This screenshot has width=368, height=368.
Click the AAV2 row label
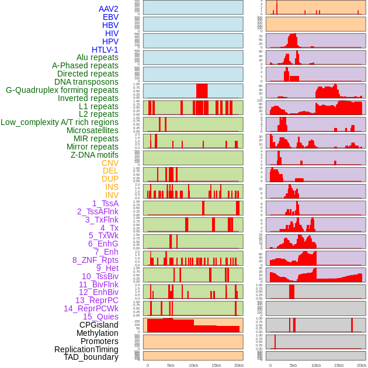[108, 9]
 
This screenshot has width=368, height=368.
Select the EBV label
[110, 17]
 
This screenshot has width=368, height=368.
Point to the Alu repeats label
[97, 57]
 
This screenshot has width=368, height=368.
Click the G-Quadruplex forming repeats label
[62, 90]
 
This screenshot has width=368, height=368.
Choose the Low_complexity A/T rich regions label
[60, 122]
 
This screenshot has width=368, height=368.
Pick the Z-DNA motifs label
[94, 155]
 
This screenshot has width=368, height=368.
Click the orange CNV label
[110, 163]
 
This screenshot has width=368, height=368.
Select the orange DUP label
[110, 179]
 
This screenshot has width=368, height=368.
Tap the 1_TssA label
[105, 203]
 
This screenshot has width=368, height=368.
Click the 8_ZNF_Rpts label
[95, 260]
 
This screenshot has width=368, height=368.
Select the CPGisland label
[99, 325]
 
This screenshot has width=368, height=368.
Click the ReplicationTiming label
[86, 349]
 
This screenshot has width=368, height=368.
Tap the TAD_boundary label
[91, 357]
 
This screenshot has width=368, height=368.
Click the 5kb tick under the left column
[171, 365]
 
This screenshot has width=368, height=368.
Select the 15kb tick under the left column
[216, 365]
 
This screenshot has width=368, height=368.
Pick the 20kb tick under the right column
[362, 365]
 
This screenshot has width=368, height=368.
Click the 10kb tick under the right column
[316, 365]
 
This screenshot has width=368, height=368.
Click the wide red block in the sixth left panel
[202, 91]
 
